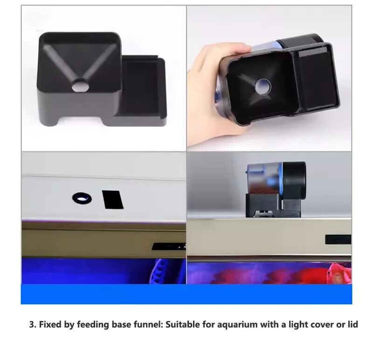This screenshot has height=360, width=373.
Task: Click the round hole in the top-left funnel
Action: point(80,86)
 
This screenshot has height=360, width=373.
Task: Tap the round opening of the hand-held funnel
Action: point(263,87)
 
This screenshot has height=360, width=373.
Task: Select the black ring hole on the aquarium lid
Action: point(82,198)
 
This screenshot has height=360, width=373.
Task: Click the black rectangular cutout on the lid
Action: point(112,199)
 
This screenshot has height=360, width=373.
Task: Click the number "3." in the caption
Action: point(33,325)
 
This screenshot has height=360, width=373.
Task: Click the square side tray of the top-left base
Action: point(142,86)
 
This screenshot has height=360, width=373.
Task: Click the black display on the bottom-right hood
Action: point(338,239)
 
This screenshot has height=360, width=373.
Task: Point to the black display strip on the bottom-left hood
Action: point(169,246)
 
